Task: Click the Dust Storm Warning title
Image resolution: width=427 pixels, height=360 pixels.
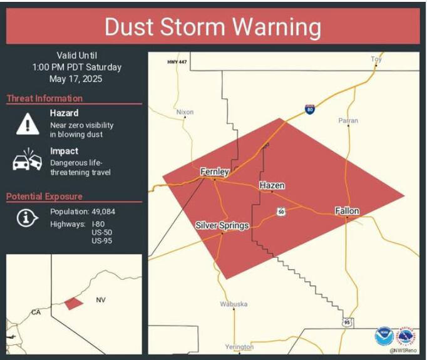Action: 213,27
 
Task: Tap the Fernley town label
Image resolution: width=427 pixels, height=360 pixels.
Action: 214,172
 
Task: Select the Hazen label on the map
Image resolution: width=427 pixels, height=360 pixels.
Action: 272,185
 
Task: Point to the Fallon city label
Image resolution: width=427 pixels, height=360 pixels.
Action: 347,211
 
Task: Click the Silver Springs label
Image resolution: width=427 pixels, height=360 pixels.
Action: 222,225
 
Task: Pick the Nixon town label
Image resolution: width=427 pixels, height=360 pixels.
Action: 185,112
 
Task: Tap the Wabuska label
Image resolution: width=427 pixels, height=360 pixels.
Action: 234,304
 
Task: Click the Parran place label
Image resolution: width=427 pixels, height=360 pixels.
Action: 348,120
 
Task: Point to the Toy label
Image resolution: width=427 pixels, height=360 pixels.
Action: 376,59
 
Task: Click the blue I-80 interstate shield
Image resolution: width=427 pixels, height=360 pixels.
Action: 310,109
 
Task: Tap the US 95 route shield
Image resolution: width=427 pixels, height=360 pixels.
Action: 347,322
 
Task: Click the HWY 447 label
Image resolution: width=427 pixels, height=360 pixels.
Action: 177,61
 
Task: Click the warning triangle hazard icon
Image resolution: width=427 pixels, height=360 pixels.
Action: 28,123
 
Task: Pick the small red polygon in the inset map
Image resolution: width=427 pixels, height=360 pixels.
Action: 73,303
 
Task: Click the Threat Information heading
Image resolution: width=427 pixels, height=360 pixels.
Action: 44,98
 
